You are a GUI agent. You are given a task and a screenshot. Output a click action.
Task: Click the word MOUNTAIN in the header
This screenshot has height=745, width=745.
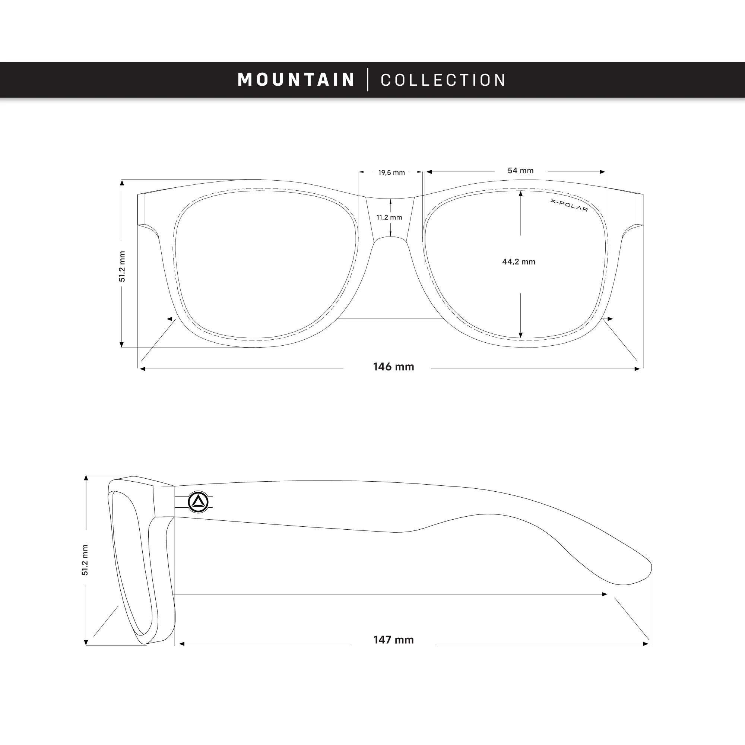[x=296, y=79]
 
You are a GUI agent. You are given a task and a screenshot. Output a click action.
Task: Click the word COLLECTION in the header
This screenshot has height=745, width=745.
[x=443, y=80]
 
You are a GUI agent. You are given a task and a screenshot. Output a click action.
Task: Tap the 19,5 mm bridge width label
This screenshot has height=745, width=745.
[x=391, y=172]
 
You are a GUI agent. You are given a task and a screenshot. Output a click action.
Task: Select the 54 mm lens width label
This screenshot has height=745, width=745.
[x=521, y=171]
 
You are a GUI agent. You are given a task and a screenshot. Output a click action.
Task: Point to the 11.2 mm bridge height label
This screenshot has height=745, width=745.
[x=390, y=218]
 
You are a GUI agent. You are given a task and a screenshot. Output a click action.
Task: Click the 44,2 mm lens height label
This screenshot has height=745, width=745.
[x=519, y=262]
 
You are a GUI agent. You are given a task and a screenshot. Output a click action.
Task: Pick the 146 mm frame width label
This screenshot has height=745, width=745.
[x=394, y=366]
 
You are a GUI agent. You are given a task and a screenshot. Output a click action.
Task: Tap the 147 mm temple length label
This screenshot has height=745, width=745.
[x=394, y=640]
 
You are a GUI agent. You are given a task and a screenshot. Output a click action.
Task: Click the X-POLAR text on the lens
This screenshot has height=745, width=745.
[x=569, y=206]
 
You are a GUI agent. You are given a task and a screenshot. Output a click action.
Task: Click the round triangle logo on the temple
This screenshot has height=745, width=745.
[x=198, y=502]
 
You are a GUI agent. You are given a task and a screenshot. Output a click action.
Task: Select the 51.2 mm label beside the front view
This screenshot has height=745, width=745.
[x=122, y=266]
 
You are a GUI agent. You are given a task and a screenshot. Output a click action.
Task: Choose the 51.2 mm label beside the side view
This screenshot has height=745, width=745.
[x=85, y=560]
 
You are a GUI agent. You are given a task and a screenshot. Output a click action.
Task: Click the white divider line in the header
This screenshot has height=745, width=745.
[x=368, y=79]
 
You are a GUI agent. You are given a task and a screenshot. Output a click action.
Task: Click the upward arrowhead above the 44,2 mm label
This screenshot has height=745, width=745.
[x=521, y=194]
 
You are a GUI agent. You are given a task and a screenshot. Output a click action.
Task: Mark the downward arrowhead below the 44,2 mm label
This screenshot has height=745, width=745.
[x=521, y=335]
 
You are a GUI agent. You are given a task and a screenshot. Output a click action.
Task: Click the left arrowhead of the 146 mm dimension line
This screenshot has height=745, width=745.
[x=142, y=369]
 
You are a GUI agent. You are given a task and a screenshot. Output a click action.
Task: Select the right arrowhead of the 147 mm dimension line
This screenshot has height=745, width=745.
[x=646, y=644]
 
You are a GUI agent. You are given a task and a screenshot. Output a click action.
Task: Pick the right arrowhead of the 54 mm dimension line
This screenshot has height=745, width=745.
[x=602, y=172]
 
